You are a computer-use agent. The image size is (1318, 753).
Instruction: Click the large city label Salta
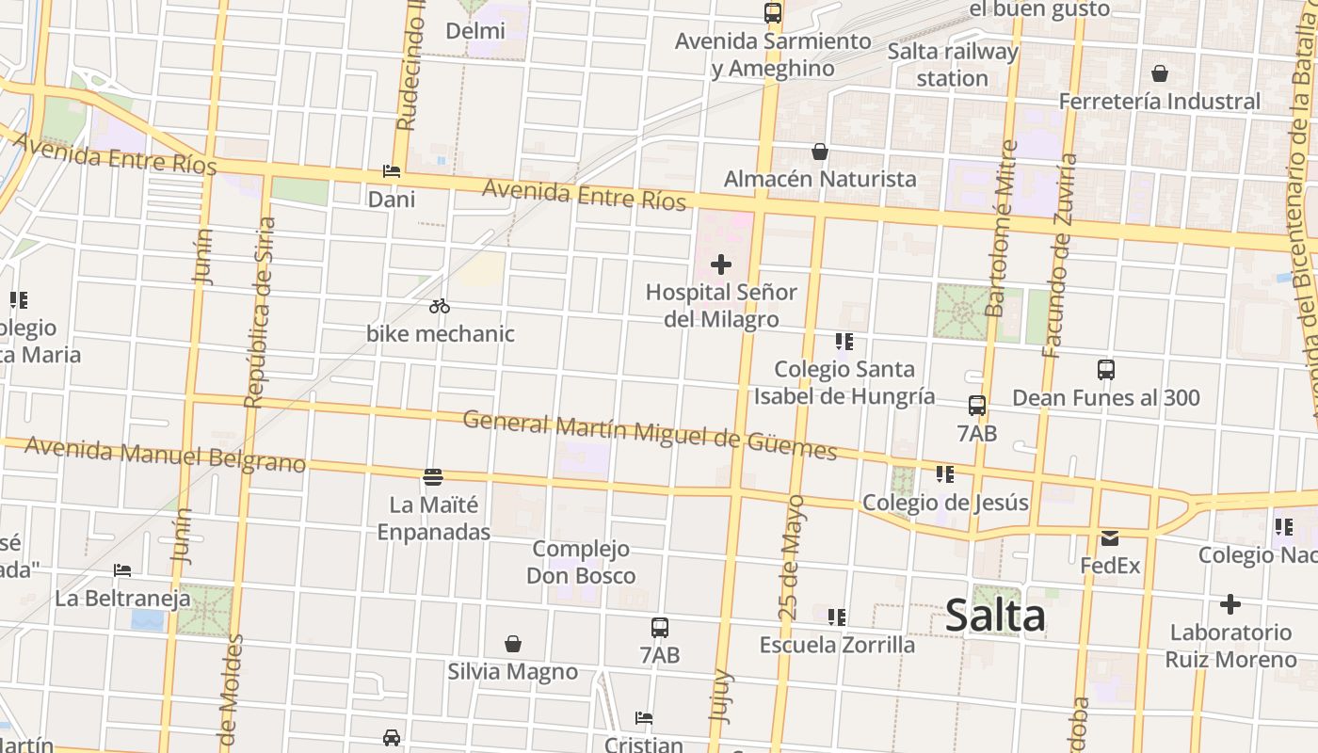(995, 617)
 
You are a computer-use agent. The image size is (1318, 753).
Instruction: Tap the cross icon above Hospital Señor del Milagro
(721, 264)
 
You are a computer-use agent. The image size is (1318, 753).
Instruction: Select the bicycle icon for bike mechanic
(440, 306)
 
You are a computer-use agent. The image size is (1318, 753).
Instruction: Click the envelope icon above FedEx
(1110, 538)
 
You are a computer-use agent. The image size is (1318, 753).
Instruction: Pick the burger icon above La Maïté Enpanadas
(433, 477)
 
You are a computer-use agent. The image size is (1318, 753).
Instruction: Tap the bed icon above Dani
(392, 171)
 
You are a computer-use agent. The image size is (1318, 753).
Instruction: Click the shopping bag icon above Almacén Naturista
(820, 152)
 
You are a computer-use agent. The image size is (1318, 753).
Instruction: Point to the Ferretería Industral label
(1160, 101)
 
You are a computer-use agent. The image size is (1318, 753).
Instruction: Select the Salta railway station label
(953, 64)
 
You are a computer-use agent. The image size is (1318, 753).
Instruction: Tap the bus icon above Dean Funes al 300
(1106, 370)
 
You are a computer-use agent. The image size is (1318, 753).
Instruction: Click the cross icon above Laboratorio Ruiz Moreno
(1230, 604)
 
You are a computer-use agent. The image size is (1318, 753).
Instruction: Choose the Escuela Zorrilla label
(837, 645)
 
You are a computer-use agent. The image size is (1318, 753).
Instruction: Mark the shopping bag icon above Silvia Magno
(513, 644)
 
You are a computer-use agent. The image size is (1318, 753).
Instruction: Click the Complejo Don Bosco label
(581, 562)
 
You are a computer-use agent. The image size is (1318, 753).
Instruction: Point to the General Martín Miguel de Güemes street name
(650, 435)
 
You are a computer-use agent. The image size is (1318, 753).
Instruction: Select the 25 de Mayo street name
(791, 557)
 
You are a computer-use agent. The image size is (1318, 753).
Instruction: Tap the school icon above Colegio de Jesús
(945, 474)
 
